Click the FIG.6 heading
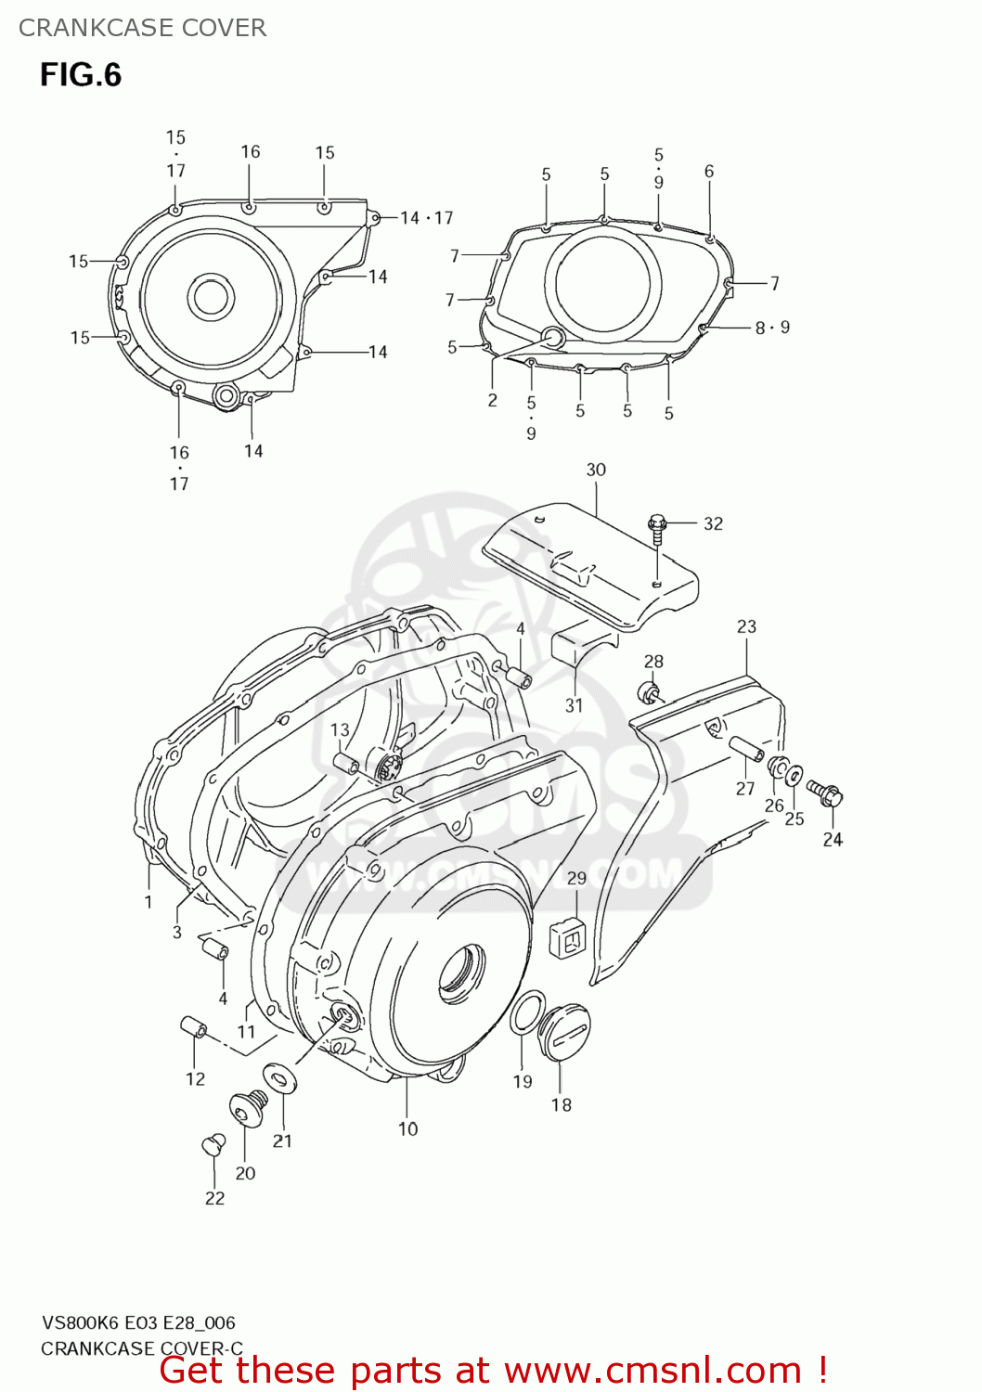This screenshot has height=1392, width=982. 81,75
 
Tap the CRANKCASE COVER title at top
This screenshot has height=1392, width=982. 142,28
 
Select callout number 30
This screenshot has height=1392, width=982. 596,470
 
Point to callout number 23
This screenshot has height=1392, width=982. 746,627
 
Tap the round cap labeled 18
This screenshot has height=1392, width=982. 565,1029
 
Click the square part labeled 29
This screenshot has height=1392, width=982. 568,937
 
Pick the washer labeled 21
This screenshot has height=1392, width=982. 278,1077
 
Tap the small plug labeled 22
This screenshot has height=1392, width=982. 213,1144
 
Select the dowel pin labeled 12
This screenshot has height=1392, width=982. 193,1028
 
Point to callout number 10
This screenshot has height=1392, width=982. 408,1129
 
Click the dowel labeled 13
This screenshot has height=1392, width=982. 346,764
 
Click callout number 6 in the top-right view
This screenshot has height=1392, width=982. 709,172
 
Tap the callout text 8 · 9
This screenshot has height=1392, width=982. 772,328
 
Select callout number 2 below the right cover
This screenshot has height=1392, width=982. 493,400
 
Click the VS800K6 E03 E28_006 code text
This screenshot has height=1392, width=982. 138,1322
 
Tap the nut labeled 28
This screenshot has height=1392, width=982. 649,691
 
